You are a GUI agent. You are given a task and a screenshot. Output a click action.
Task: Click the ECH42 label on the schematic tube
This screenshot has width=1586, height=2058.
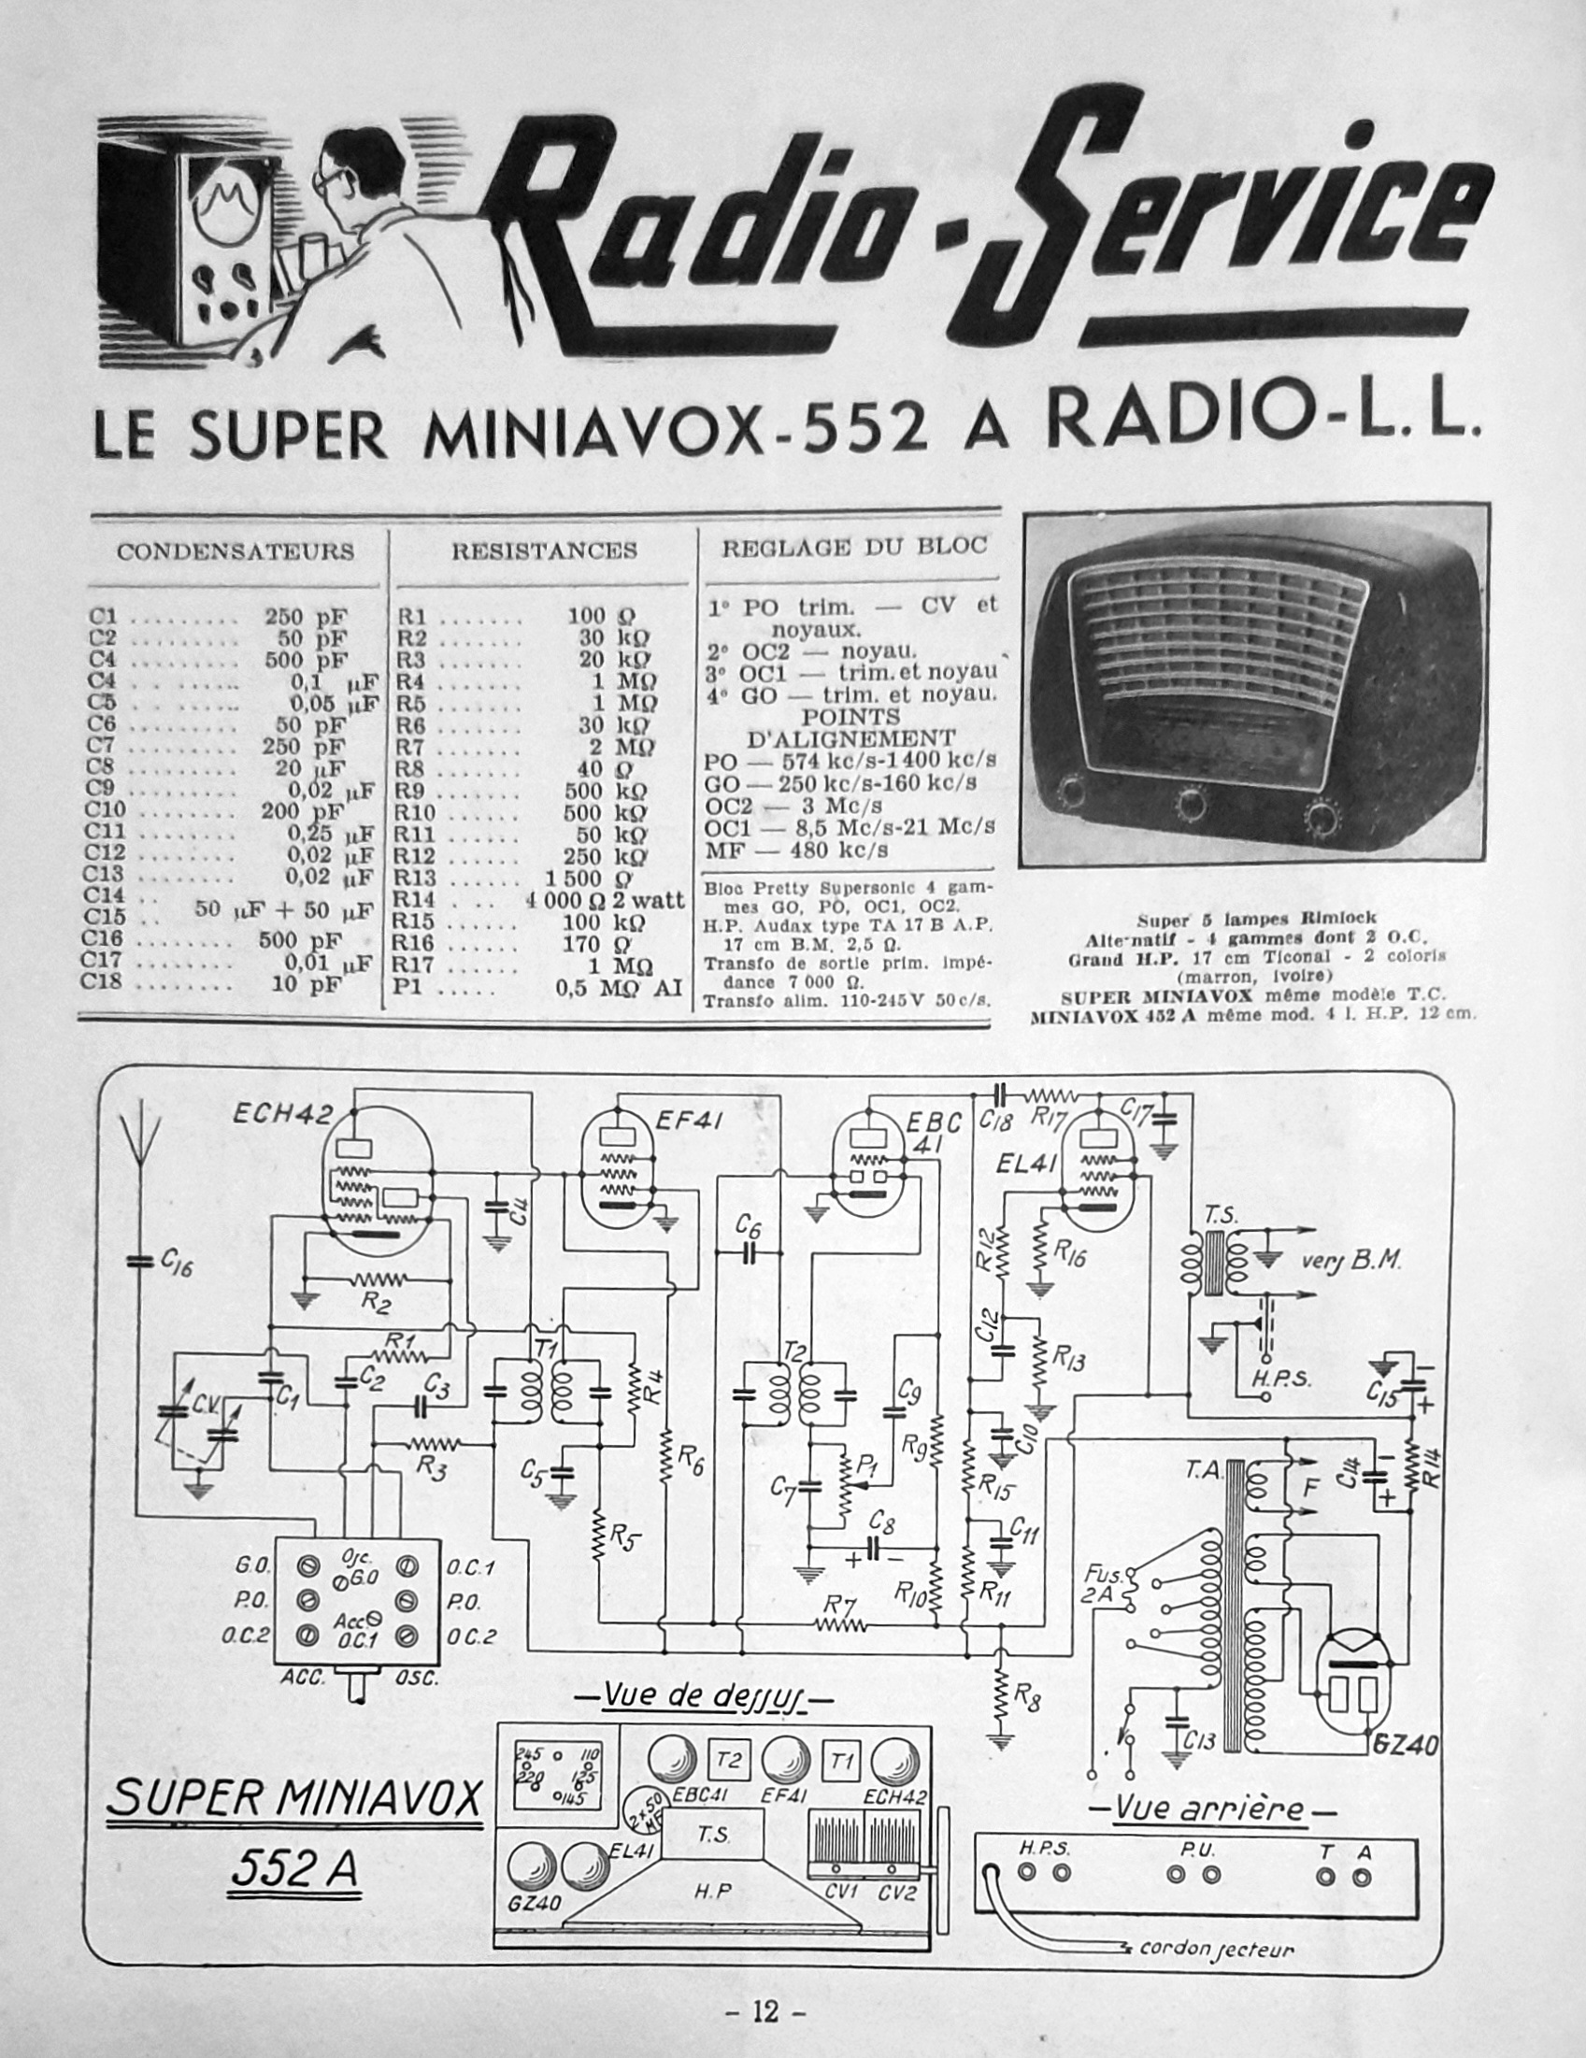coord(282,1114)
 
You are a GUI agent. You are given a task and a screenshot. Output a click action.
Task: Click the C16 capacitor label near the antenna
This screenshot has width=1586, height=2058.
coord(177,1264)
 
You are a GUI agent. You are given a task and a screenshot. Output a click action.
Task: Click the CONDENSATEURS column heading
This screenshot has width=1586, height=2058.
coord(236,551)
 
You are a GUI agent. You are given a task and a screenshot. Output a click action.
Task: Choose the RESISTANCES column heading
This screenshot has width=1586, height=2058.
coord(544,550)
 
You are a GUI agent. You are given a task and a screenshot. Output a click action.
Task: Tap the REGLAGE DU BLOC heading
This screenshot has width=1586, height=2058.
coord(854,548)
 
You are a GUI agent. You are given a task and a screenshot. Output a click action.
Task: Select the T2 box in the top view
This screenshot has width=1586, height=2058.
coord(728,1760)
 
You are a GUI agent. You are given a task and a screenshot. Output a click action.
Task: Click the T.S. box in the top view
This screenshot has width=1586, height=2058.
coord(712,1835)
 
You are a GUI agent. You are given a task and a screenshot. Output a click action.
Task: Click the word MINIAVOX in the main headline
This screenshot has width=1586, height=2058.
coord(592,433)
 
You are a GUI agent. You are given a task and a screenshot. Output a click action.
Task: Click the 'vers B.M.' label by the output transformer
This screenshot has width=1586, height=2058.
coord(1351,1260)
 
